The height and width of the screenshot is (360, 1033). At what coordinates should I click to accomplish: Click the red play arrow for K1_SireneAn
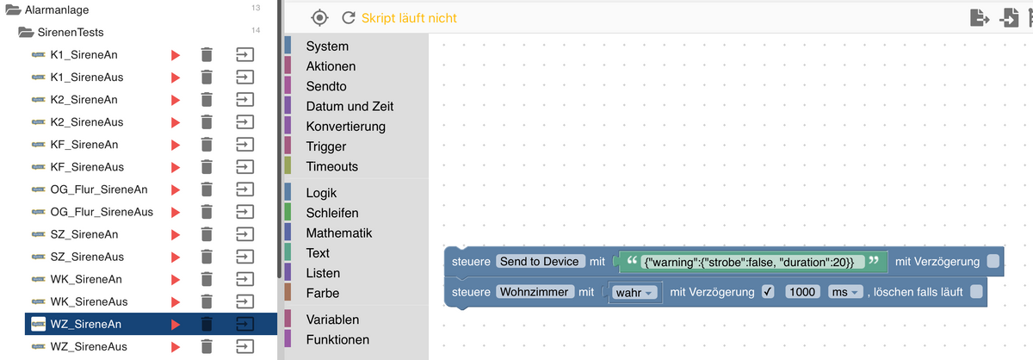pyautogui.click(x=176, y=55)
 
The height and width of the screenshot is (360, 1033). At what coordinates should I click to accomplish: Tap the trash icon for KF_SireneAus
pyautogui.click(x=207, y=167)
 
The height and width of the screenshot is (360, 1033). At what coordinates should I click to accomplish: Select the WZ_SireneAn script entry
pyautogui.click(x=86, y=324)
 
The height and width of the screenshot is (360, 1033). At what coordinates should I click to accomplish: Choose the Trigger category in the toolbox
pyautogui.click(x=326, y=146)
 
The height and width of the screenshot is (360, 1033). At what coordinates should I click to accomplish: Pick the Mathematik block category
pyautogui.click(x=338, y=233)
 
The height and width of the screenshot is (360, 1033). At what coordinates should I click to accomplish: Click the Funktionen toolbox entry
pyautogui.click(x=337, y=339)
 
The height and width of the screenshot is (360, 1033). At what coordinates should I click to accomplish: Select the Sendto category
pyautogui.click(x=325, y=86)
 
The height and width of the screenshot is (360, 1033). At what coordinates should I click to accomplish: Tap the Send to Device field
pyautogui.click(x=541, y=261)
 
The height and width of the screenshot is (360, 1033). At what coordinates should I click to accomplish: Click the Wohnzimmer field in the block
pyautogui.click(x=534, y=292)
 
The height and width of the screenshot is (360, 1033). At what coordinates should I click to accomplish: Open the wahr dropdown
pyautogui.click(x=636, y=292)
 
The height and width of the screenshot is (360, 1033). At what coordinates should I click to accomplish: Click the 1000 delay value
pyautogui.click(x=801, y=292)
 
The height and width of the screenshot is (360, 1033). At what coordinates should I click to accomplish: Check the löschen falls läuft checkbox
pyautogui.click(x=975, y=292)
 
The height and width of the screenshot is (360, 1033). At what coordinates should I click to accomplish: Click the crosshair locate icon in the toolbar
pyautogui.click(x=319, y=17)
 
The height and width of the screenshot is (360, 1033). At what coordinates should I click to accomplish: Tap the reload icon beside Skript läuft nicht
pyautogui.click(x=348, y=17)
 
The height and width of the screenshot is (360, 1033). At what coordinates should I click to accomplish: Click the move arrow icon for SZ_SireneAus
pyautogui.click(x=245, y=257)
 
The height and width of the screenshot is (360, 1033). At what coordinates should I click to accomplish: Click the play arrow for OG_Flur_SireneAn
pyautogui.click(x=176, y=189)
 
